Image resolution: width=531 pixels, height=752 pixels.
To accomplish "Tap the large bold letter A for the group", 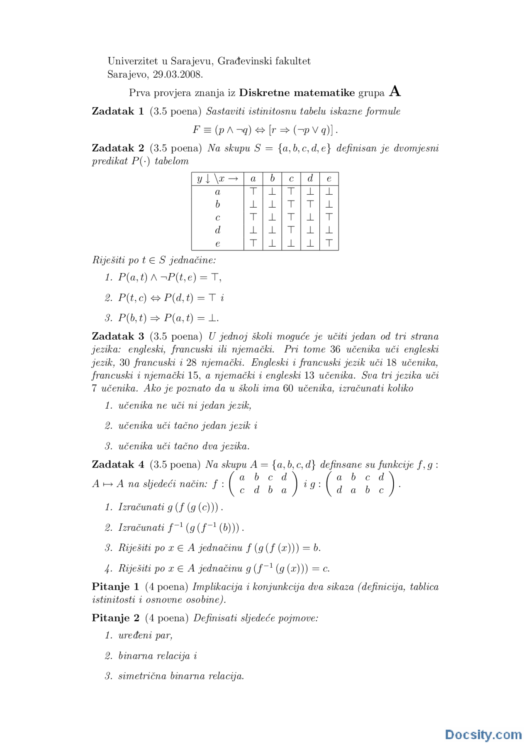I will click(x=395, y=91).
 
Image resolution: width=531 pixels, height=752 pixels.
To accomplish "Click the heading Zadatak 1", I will click(x=118, y=111).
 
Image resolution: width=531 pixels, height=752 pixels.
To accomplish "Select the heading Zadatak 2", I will click(x=118, y=148).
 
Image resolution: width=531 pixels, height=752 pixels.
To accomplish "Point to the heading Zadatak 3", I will click(x=118, y=336).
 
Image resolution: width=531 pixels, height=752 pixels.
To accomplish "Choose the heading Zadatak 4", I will click(x=118, y=464).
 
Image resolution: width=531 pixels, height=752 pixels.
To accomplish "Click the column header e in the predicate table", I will click(x=329, y=179).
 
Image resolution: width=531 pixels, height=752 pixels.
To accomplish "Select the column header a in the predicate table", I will click(x=253, y=179).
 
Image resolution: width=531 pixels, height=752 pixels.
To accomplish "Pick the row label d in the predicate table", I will click(x=217, y=230).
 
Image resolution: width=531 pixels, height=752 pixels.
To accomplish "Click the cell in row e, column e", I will click(x=329, y=243).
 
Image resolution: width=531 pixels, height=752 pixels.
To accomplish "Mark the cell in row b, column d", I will click(x=310, y=204).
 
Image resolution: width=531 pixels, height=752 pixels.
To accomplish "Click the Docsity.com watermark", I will click(x=483, y=734).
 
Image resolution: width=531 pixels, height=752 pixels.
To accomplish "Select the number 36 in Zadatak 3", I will click(x=336, y=350).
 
